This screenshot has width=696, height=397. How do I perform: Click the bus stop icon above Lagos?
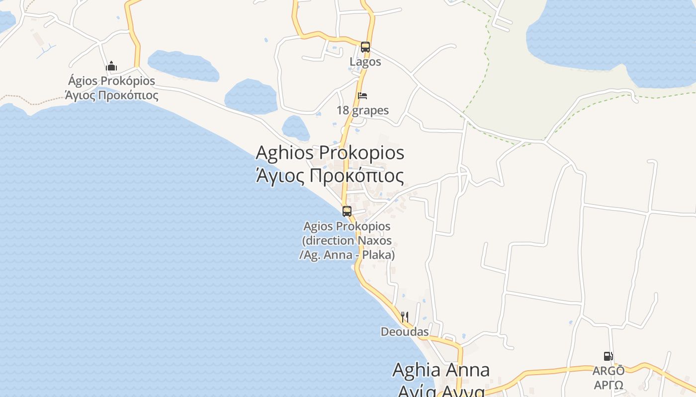[x=365, y=47]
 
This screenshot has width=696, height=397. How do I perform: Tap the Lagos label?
[x=365, y=62]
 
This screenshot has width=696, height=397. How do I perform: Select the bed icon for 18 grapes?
[x=362, y=96]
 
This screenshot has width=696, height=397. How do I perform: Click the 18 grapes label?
[x=362, y=110]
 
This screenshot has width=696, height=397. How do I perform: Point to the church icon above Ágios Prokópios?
[x=111, y=66]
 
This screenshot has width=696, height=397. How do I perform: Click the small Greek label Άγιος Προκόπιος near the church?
[x=112, y=95]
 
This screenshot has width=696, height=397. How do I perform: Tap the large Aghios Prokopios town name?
[x=330, y=153]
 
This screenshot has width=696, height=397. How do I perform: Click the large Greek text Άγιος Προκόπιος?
[x=330, y=175]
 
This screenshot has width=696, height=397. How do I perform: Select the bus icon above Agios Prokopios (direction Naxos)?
[x=347, y=211]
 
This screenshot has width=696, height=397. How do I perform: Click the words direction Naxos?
[x=347, y=241]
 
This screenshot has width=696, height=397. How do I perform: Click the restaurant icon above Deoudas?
[x=405, y=317]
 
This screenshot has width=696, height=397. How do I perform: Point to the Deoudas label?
[x=405, y=331]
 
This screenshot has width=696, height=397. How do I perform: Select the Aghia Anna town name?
[x=441, y=370]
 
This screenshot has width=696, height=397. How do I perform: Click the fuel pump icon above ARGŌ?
[x=608, y=356]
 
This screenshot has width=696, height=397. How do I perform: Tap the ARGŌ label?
[x=609, y=371]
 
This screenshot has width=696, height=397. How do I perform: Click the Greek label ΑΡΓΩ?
[x=609, y=385]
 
